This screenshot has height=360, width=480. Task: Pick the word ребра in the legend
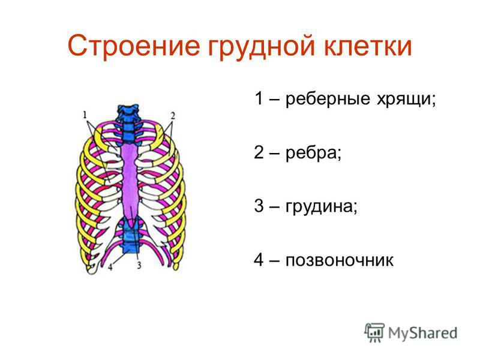click(x=313, y=153)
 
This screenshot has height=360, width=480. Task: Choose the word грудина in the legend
click(x=321, y=206)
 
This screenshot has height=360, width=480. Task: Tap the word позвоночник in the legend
click(x=339, y=260)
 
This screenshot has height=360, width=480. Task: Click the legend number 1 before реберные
click(x=259, y=98)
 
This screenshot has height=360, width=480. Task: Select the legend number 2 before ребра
click(x=259, y=152)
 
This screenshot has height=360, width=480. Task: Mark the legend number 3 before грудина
click(x=259, y=206)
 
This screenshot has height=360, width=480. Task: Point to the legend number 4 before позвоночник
click(x=259, y=260)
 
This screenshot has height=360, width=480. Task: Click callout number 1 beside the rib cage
click(x=85, y=115)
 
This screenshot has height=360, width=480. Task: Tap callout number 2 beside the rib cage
click(x=173, y=116)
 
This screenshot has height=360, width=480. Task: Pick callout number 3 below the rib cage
click(x=139, y=265)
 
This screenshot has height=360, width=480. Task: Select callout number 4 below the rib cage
click(x=110, y=266)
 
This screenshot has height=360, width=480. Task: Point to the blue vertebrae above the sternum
click(x=128, y=124)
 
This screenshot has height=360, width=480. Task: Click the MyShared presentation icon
click(x=374, y=333)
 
